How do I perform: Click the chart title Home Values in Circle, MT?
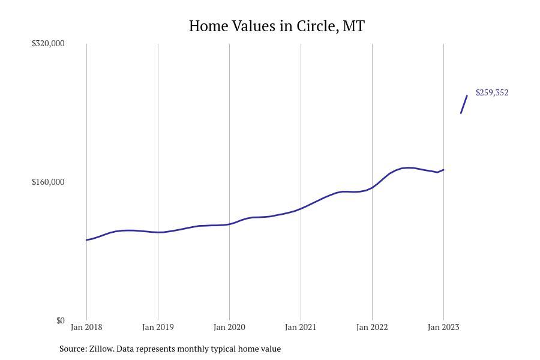pyautogui.click(x=277, y=26)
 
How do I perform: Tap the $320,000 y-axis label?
pyautogui.click(x=48, y=43)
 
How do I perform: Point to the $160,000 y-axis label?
pyautogui.click(x=48, y=182)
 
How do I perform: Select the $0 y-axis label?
pyautogui.click(x=60, y=320)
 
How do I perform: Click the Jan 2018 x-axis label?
pyautogui.click(x=86, y=327)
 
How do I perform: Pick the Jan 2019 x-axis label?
pyautogui.click(x=158, y=327)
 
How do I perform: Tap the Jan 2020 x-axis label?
pyautogui.click(x=229, y=327)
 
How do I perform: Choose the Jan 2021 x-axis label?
pyautogui.click(x=301, y=327)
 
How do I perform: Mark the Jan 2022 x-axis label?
pyautogui.click(x=372, y=327)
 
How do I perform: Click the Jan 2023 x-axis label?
pyautogui.click(x=443, y=327)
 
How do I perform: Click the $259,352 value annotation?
pyautogui.click(x=492, y=92)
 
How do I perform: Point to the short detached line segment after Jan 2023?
pyautogui.click(x=464, y=104)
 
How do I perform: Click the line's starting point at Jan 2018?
pyautogui.click(x=87, y=240)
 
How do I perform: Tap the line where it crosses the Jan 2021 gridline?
pyautogui.click(x=301, y=209)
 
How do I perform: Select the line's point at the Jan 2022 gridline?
pyautogui.click(x=372, y=188)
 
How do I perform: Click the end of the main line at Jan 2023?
pyautogui.click(x=443, y=170)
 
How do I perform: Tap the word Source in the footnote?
pyautogui.click(x=73, y=349)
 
